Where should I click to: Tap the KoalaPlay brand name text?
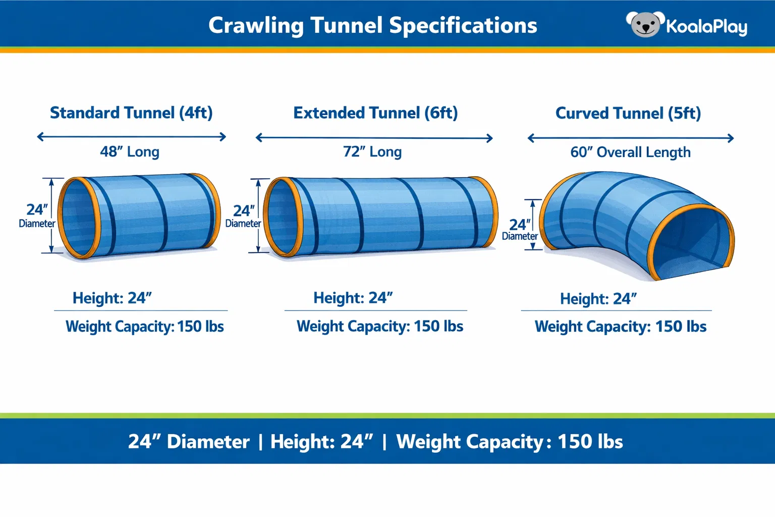click(706, 26)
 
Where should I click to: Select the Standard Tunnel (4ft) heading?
click(131, 113)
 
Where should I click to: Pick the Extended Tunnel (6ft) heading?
click(375, 113)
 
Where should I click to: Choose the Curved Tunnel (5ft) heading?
click(628, 114)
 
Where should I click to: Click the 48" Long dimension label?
click(130, 151)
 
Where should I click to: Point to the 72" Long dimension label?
click(372, 151)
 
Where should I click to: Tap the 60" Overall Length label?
click(630, 152)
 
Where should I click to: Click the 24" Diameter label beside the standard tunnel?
click(37, 216)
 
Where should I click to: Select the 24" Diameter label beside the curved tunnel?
click(520, 229)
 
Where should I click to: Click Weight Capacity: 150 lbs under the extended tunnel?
click(379, 326)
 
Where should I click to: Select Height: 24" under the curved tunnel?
click(598, 299)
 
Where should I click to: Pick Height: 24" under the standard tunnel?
click(112, 298)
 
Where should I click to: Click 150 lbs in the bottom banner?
click(590, 442)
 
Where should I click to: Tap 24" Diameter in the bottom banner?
click(189, 442)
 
